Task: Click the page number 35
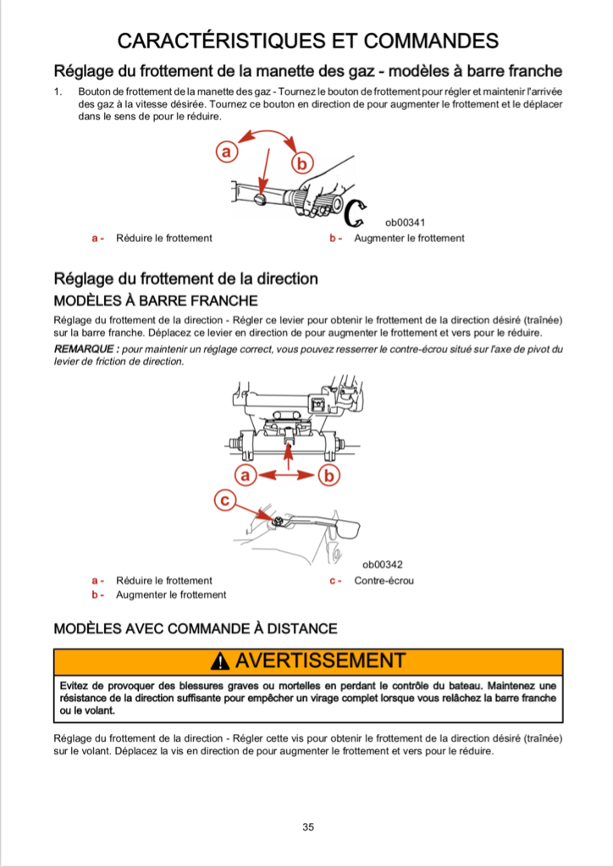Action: click(x=308, y=827)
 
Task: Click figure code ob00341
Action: click(x=405, y=223)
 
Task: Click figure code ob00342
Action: click(x=383, y=565)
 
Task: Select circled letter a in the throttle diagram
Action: click(x=225, y=152)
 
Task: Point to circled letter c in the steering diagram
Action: click(x=225, y=501)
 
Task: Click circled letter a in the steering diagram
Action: click(x=246, y=476)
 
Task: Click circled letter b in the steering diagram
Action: click(x=329, y=476)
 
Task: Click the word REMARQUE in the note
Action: click(x=85, y=349)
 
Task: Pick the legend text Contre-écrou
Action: click(x=384, y=581)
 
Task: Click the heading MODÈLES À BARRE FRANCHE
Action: click(x=156, y=301)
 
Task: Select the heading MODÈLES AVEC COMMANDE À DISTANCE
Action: click(x=196, y=628)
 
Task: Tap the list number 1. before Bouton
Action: click(x=58, y=91)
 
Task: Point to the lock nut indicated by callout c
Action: click(x=276, y=519)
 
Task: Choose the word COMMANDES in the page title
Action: click(x=428, y=40)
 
